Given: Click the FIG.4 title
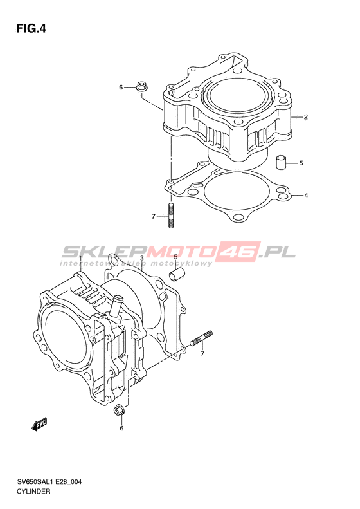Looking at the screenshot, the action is pos(31,29).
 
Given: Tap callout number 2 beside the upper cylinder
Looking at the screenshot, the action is pos(305,117).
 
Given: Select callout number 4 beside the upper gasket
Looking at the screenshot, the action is pos(306,196).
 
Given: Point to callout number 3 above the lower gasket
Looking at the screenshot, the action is pos(141,258).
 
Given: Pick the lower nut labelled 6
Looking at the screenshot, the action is pos(118,411).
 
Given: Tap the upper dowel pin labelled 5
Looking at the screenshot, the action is pos(281,162).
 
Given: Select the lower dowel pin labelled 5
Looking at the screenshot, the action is pos(177,275).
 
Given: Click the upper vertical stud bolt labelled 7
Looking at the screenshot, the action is pos(171,215).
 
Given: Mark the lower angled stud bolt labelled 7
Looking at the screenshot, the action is pos(201,338).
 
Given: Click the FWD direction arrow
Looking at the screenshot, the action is pos(40,424).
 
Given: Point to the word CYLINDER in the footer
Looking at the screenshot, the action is pos(33,491).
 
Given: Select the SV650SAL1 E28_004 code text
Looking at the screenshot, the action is pos(50,482).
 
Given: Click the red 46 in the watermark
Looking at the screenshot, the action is pos(240,251).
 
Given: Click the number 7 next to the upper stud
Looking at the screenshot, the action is pos(154,216).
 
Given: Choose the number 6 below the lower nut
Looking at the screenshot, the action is pos(122,428).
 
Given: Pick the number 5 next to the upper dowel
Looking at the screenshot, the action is pos(301,163).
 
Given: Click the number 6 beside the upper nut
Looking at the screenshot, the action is pos(121,87).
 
